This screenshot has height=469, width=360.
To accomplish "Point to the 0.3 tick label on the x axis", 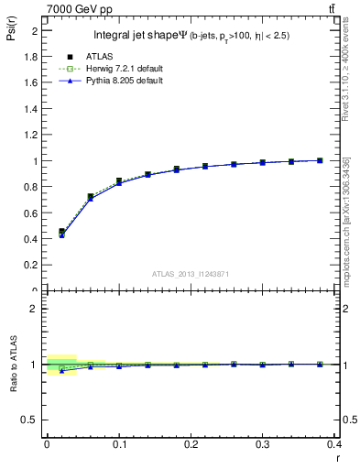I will [263, 444].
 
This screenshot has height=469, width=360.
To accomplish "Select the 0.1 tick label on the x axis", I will [118, 444].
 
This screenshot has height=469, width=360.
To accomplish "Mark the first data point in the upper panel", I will [61, 232].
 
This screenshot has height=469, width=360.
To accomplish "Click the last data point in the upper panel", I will [320, 160].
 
